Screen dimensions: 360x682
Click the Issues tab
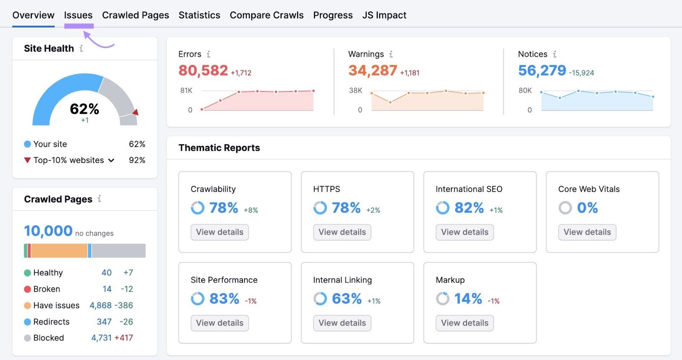(78, 15)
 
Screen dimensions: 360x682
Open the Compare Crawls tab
(266, 15)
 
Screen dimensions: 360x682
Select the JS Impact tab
(384, 15)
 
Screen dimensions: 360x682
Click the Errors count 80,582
(203, 70)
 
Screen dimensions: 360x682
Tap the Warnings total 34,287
(373, 70)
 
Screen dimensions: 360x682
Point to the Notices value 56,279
(542, 70)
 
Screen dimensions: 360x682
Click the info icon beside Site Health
(81, 49)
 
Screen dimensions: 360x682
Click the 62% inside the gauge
(84, 109)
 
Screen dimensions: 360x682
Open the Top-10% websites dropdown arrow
(111, 161)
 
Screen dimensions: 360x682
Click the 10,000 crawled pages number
(48, 231)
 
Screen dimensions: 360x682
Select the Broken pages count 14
(107, 289)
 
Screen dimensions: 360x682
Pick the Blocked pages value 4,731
(101, 338)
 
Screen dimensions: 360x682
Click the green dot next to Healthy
(27, 273)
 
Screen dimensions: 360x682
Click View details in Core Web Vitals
(587, 232)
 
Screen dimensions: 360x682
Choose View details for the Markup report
(465, 323)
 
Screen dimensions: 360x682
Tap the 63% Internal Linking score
(347, 299)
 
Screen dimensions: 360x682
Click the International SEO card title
(469, 189)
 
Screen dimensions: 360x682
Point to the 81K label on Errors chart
(186, 90)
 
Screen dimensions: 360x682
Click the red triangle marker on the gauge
(136, 112)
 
